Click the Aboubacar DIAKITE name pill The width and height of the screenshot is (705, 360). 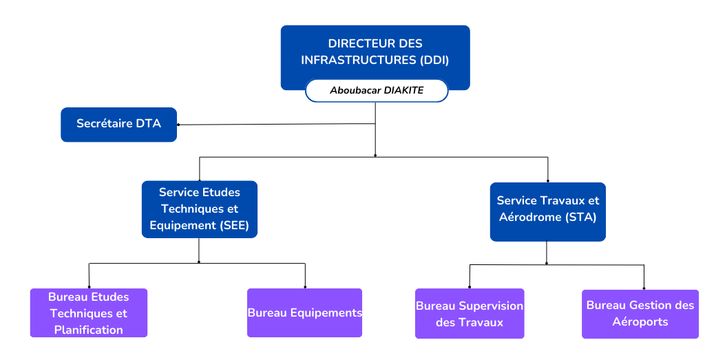pyautogui.click(x=377, y=90)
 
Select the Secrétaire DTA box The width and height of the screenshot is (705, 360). pyautogui.click(x=118, y=125)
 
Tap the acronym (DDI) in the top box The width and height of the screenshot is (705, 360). pyautogui.click(x=434, y=60)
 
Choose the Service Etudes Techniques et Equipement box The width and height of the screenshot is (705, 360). pyautogui.click(x=200, y=209)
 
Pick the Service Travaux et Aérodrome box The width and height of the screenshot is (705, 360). pyautogui.click(x=547, y=211)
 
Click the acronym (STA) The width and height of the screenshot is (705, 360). pyautogui.click(x=580, y=217)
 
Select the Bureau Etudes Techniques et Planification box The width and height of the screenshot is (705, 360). pyautogui.click(x=89, y=313)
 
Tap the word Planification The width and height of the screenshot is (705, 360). pyautogui.click(x=89, y=330)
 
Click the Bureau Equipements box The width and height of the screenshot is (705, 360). pyautogui.click(x=304, y=313)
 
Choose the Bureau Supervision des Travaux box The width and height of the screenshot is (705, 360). pyautogui.click(x=470, y=313)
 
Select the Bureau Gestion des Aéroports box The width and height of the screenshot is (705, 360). pyautogui.click(x=640, y=313)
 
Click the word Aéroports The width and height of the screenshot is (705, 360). pyautogui.click(x=640, y=321)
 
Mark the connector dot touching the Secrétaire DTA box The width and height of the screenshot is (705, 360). pyautogui.click(x=178, y=125)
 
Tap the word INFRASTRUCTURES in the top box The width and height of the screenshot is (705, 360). pyautogui.click(x=359, y=60)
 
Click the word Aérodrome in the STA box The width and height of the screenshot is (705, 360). pyautogui.click(x=527, y=217)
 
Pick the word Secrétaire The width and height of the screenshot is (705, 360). pyautogui.click(x=105, y=124)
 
